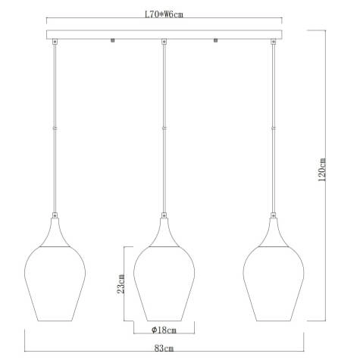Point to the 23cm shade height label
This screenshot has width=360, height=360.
click(119, 285)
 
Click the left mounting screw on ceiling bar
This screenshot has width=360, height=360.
click(112, 40)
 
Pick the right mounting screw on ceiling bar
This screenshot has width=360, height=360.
click(217, 40)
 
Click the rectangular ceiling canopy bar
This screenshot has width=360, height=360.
click(164, 35)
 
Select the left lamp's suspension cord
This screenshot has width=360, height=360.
click(55, 129)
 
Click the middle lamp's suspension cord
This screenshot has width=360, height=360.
click(164, 129)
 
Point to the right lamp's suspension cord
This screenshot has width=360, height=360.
click(274, 129)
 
